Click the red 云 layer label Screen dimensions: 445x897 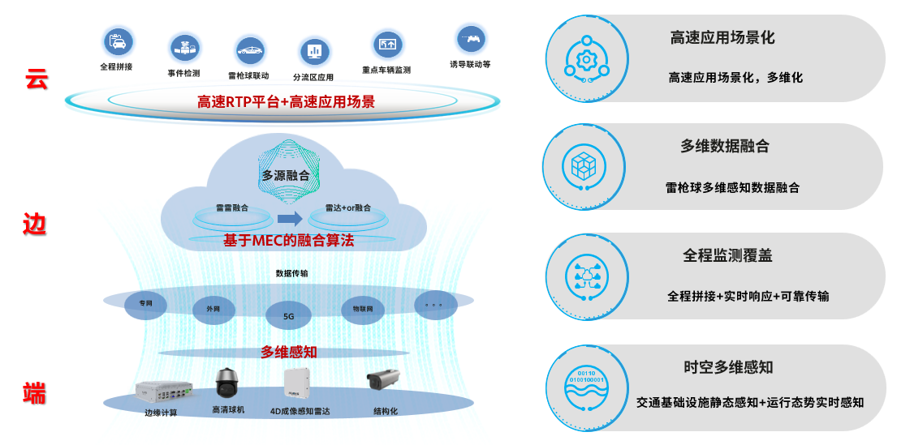coord(37,79)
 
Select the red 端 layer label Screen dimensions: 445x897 coord(35,395)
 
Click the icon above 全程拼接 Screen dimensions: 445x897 coord(118,41)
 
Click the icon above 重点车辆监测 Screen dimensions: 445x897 coord(386,44)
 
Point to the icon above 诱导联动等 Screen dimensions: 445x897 coord(470,37)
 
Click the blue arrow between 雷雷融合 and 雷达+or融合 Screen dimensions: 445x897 coord(289,217)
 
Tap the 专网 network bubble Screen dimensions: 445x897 coord(145,304)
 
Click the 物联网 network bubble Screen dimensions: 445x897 coord(362,308)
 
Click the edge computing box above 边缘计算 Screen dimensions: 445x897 coord(165,392)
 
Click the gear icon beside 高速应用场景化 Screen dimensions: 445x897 coord(585,59)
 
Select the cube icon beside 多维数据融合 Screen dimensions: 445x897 coord(585,167)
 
